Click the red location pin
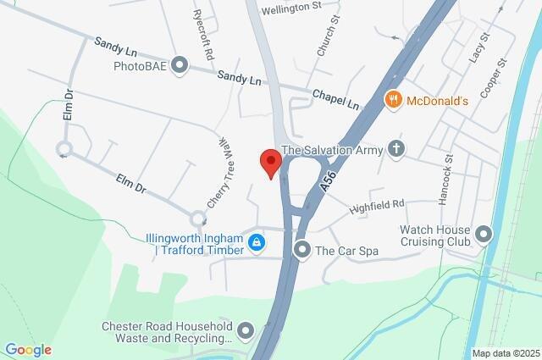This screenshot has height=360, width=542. (269, 162)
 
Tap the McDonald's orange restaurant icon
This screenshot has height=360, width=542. (393, 100)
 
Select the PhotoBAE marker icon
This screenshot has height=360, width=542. (179, 64)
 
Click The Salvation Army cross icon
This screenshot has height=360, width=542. (395, 149)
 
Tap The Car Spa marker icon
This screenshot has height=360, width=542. (302, 250)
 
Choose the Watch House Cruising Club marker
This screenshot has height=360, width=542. (484, 233)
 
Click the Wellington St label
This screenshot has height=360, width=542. (293, 6)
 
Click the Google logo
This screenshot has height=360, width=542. (28, 350)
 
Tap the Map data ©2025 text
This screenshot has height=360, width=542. (505, 353)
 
